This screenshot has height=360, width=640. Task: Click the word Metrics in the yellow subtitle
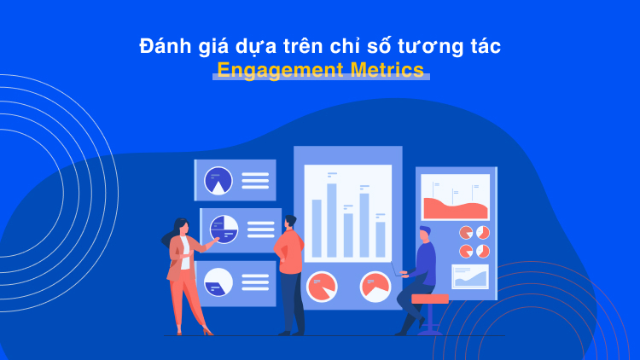pos(385,70)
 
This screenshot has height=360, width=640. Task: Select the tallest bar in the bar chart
pos(332,220)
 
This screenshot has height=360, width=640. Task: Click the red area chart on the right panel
pos(455,208)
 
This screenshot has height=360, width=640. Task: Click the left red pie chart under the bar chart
pos(322,286)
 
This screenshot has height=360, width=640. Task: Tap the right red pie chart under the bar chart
pos(375,286)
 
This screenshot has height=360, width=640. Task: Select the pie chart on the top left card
pos(219,180)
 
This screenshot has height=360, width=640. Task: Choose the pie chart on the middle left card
pos(224,229)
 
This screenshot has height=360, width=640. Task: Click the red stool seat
pos(429,299)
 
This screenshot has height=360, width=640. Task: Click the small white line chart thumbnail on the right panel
pos(470,276)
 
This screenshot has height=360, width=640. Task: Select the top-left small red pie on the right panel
pos(466,232)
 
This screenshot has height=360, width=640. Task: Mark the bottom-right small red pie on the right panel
pos(482,251)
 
